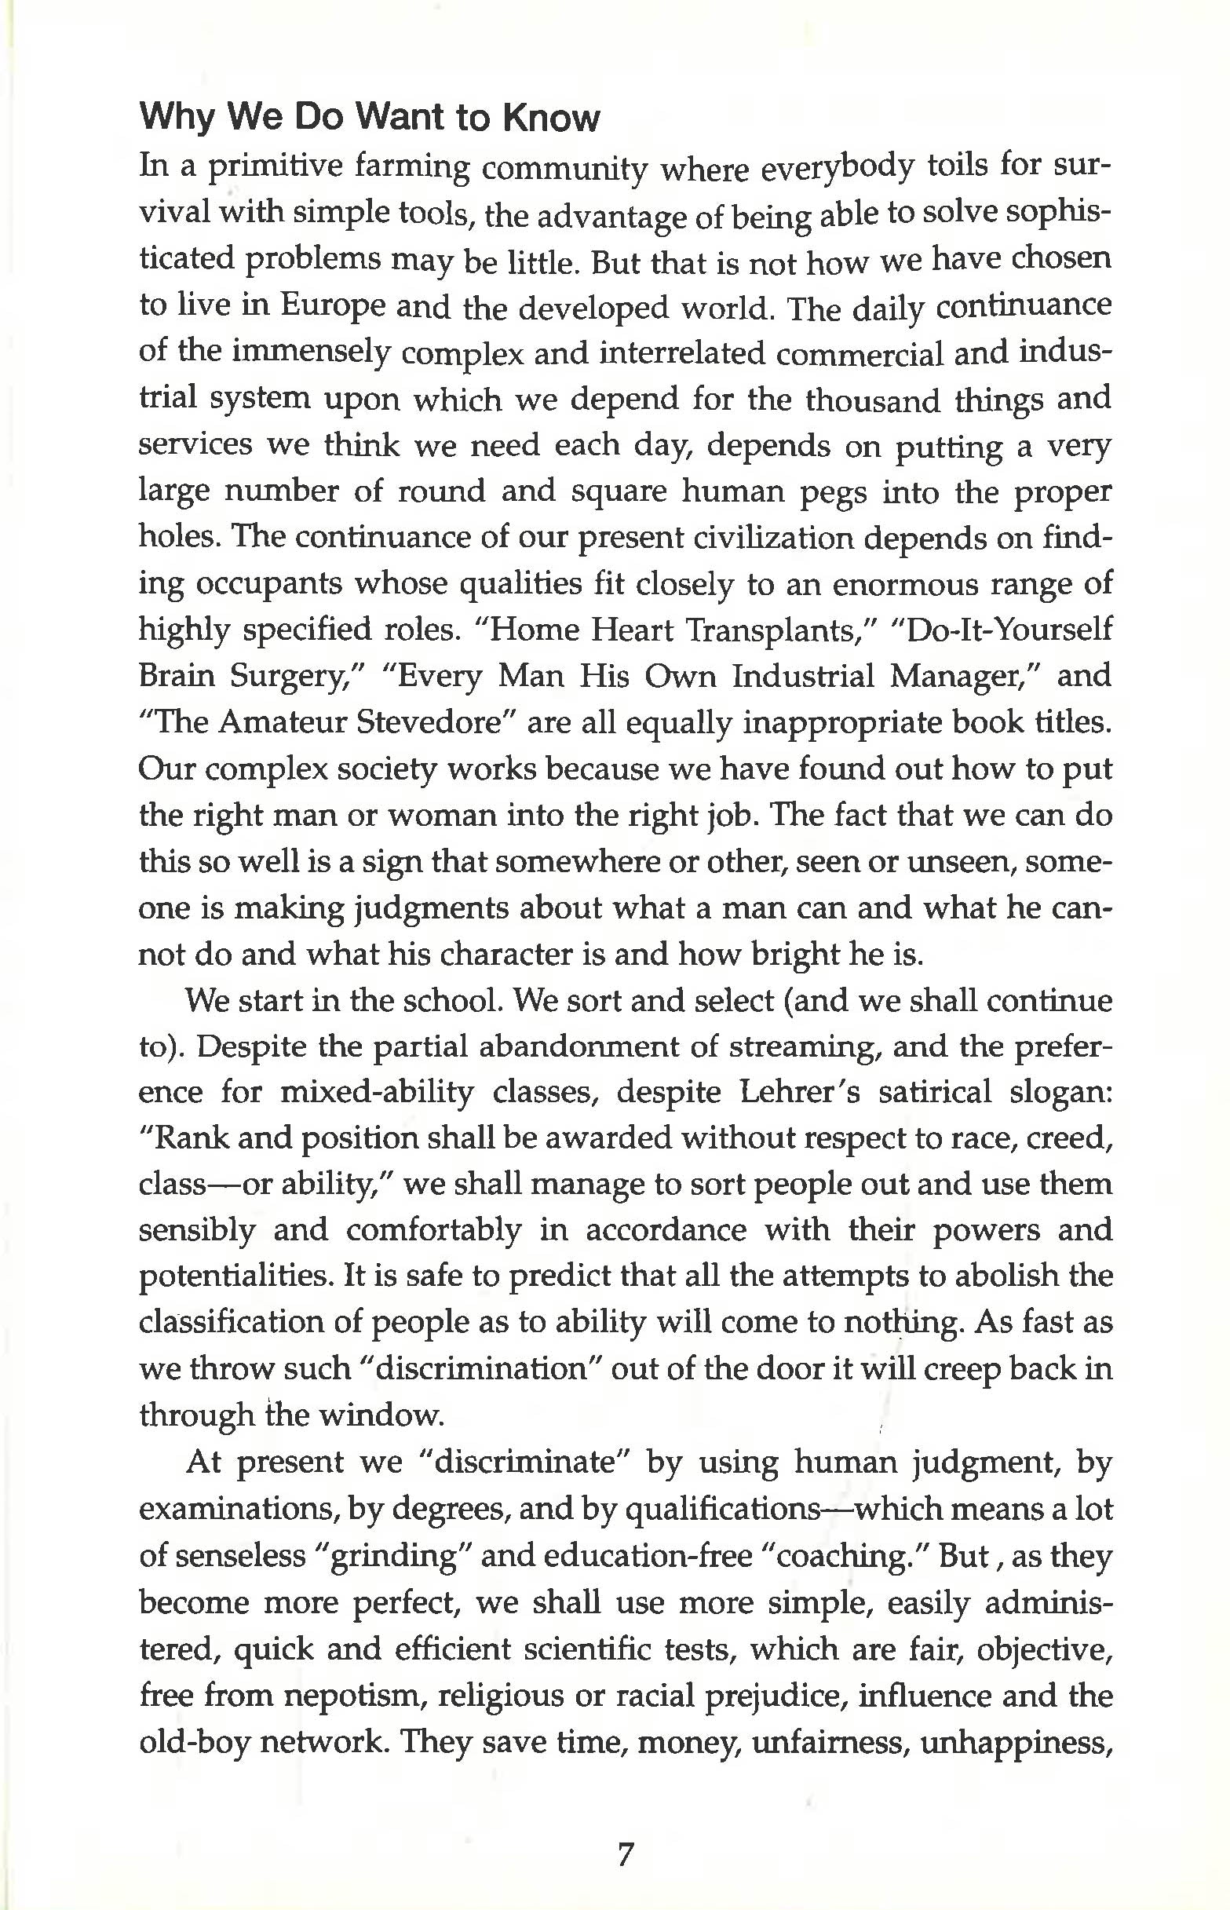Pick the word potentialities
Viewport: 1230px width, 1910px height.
[x=233, y=1276]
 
